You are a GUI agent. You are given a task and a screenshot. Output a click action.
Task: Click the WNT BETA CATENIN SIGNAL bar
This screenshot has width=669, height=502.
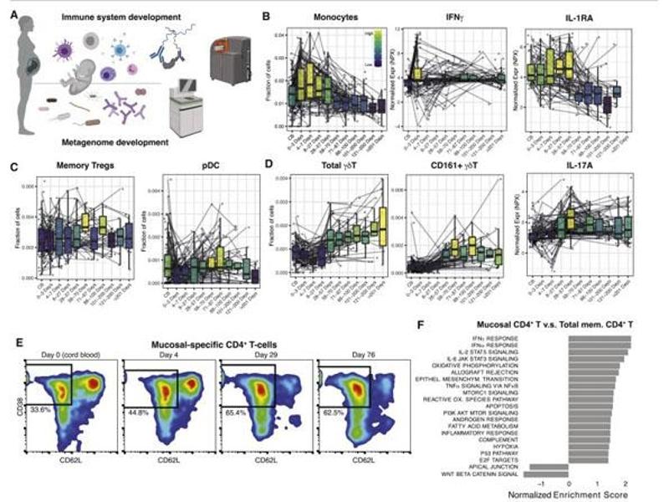(x=545, y=474)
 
